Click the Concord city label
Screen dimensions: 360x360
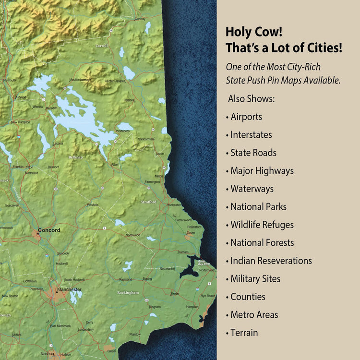49,230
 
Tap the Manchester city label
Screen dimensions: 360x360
69,289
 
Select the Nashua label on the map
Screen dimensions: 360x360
47,353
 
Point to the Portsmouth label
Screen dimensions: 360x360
207,270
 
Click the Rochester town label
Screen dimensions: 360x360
173,205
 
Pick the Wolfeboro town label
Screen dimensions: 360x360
123,130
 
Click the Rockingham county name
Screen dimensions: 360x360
128,292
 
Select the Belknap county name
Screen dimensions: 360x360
76,157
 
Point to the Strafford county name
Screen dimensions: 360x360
148,202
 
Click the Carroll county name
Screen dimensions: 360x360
102,46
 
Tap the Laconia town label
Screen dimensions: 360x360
58,143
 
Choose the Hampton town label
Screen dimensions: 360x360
192,307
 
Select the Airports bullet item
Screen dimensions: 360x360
246,117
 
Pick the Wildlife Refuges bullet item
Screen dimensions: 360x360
262,225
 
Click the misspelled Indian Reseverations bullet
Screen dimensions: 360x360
271,261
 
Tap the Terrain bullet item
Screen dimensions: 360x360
244,333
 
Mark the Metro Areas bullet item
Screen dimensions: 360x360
254,315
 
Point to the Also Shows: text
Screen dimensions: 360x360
252,98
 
